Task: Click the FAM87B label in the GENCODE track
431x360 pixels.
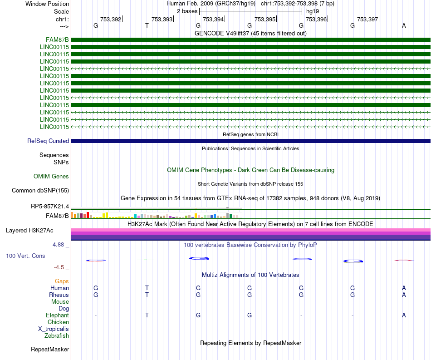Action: (57, 39)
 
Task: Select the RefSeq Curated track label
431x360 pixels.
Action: (48, 141)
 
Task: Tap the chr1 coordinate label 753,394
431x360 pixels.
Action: (213, 20)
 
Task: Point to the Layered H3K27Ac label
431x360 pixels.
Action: (37, 230)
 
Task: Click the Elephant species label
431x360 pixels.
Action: (57, 315)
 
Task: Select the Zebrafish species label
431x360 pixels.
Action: (57, 335)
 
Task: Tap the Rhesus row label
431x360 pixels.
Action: (59, 295)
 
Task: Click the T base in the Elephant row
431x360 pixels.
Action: (147, 315)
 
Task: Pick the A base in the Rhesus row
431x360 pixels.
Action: (404, 295)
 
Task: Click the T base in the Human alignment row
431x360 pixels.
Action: (147, 288)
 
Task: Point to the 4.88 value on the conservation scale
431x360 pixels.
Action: (60, 244)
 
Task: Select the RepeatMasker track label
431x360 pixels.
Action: (50, 349)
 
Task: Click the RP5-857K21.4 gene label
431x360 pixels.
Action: (50, 206)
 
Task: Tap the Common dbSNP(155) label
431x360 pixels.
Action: (40, 190)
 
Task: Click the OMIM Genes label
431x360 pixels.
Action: (51, 176)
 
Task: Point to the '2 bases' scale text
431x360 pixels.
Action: (187, 11)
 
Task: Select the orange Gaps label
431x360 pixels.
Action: (62, 281)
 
